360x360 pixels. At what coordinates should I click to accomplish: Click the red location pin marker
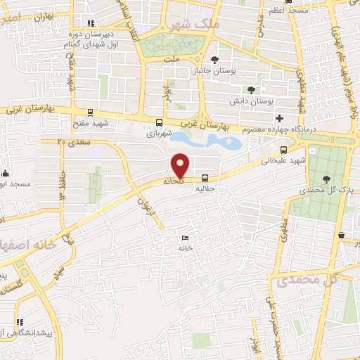[x=181, y=166]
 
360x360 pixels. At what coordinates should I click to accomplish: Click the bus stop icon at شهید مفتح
[x=90, y=112]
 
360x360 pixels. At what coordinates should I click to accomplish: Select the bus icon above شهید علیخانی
[x=283, y=150]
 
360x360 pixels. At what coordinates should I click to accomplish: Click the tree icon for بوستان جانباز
[x=214, y=59]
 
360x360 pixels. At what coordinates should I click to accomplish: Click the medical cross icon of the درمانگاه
[x=281, y=117]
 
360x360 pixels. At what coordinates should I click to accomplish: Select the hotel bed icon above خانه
[x=185, y=238]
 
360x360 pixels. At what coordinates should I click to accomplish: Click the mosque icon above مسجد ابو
[x=6, y=173]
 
